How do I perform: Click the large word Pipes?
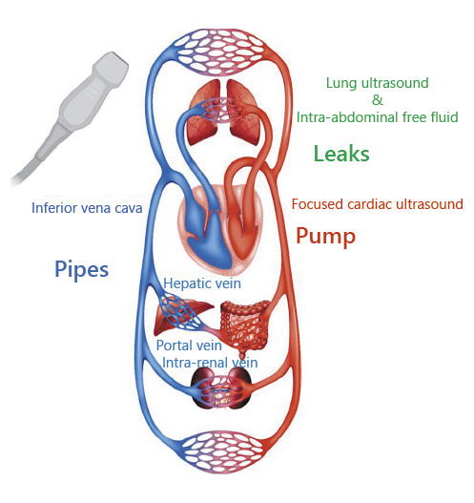82,270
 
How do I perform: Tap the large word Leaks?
341,154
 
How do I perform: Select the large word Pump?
325,237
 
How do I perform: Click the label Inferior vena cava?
87,208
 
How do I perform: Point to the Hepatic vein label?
202,283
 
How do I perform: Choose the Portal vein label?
189,346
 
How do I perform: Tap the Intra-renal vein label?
210,363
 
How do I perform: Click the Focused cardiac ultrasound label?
378,204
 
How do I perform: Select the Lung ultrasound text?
378,83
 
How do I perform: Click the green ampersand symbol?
378,100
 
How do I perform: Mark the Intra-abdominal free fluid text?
378,117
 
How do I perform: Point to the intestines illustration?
245,325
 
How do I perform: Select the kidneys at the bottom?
221,388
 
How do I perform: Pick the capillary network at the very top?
219,52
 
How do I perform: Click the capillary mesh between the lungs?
222,110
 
